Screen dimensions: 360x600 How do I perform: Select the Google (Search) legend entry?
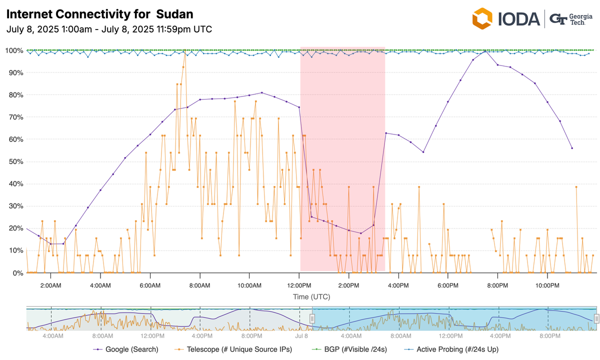125,349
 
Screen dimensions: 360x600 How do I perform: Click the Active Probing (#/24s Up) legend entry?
452,349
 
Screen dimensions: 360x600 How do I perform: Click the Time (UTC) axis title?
311,297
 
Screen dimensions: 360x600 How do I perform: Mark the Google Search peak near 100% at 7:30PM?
485,51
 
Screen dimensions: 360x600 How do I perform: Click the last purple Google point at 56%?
572,148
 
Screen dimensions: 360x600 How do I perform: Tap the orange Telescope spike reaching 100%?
184,51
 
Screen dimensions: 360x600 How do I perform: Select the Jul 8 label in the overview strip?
301,336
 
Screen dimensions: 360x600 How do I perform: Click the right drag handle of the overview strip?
596,318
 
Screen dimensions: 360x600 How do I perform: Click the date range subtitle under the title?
109,29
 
